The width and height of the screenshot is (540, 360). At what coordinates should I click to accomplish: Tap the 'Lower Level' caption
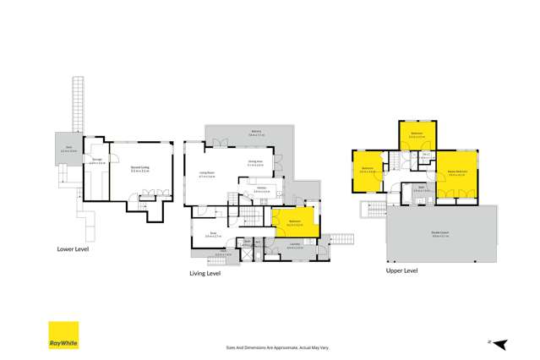[72, 249]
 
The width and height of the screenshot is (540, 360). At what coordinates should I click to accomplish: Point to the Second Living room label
[140, 169]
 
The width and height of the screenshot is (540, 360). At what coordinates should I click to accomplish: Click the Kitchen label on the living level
[262, 189]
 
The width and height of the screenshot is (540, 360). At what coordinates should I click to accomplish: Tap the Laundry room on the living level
[293, 245]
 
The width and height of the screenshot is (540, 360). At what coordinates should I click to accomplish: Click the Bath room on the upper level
[421, 190]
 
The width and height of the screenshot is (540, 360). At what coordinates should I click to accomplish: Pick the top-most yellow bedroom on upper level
[417, 134]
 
